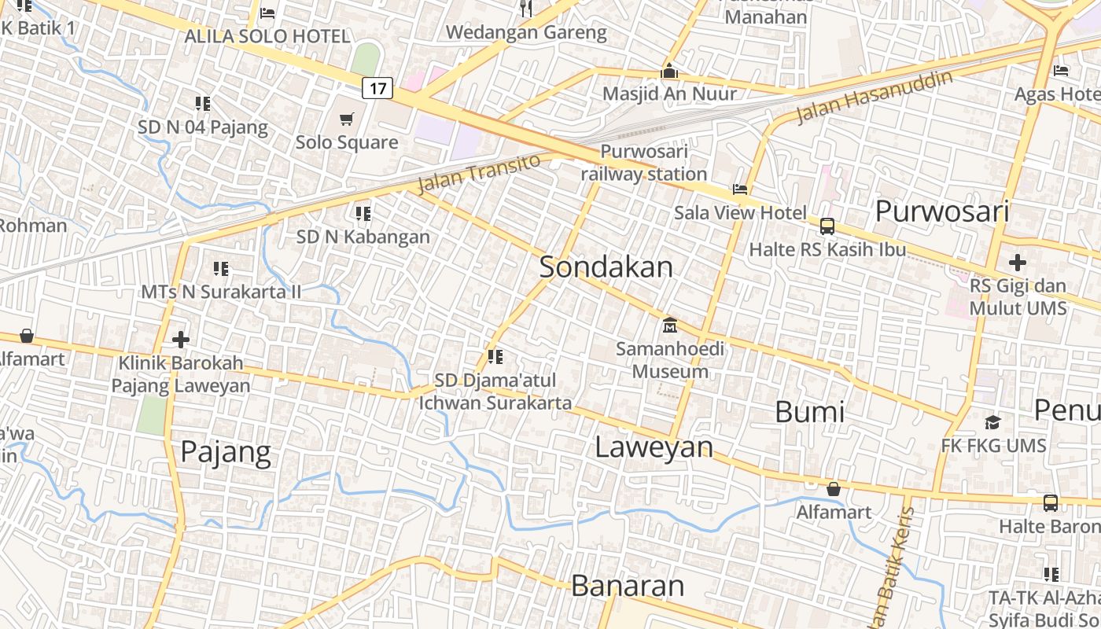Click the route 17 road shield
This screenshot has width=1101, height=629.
tap(377, 88)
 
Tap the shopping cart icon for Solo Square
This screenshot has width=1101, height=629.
tap(346, 120)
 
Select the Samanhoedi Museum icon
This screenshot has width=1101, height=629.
tap(670, 324)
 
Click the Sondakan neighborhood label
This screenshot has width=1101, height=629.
tap(606, 267)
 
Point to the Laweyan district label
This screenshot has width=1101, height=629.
tap(654, 447)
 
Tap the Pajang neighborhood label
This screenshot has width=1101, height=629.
tap(226, 452)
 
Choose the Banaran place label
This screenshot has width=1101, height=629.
tap(628, 586)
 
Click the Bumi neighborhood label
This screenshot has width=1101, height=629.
tap(809, 412)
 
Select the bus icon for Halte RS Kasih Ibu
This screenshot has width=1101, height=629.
tap(827, 226)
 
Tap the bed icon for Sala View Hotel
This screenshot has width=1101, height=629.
tap(739, 189)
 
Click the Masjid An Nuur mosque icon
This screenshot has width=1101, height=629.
tap(669, 71)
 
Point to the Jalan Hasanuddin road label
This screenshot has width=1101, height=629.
tap(875, 97)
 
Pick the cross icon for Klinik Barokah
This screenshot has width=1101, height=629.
tap(181, 340)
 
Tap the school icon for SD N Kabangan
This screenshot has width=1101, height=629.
tap(363, 213)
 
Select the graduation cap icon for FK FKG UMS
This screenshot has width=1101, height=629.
tap(992, 423)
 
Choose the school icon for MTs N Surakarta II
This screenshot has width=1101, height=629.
tap(221, 269)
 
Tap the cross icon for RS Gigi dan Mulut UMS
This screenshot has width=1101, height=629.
tap(1018, 262)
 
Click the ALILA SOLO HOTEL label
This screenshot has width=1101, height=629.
tap(267, 36)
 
